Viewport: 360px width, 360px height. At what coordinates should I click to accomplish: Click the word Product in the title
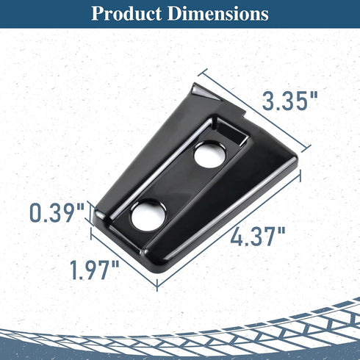coord(126,13)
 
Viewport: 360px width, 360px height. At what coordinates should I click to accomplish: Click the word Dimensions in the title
coord(218,13)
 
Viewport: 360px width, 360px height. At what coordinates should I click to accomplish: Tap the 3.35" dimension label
coord(290,101)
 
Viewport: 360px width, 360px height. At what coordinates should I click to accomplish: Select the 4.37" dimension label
coord(258,236)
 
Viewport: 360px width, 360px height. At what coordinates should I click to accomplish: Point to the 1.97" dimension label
coord(95,270)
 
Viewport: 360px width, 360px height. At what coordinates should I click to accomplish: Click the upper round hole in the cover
coord(210,155)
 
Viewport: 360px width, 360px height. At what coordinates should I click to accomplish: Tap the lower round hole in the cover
coord(148,216)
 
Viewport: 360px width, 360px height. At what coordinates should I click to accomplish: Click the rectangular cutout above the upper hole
coord(231,134)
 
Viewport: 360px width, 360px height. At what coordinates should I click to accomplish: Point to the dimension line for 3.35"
coord(255,111)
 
